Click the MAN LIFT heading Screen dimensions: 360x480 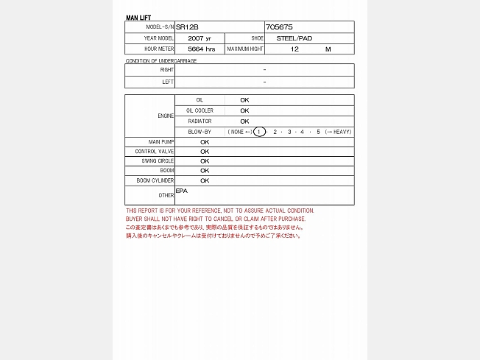click(138, 17)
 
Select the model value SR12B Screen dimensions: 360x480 click(187, 27)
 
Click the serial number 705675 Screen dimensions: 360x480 click(279, 27)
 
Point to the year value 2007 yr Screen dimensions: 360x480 click(199, 38)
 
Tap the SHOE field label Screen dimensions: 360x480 click(257, 38)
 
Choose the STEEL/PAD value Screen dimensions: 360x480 click(294, 38)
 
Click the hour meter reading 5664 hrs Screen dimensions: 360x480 click(201, 49)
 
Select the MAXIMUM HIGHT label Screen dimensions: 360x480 click(244, 49)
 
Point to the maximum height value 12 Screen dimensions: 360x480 click(294, 49)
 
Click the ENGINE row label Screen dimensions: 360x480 click(166, 116)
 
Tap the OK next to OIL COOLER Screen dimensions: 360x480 click(244, 110)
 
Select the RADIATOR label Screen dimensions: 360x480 click(200, 121)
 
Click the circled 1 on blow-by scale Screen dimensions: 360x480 click(259, 132)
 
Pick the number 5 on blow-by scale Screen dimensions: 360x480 click(318, 132)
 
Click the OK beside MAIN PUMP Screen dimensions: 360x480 click(205, 141)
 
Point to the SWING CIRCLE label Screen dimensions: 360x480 click(158, 160)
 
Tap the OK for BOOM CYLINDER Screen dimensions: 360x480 click(205, 180)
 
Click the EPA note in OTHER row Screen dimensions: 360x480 click(182, 191)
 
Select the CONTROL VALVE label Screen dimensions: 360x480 click(155, 151)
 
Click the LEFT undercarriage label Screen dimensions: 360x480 click(168, 82)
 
